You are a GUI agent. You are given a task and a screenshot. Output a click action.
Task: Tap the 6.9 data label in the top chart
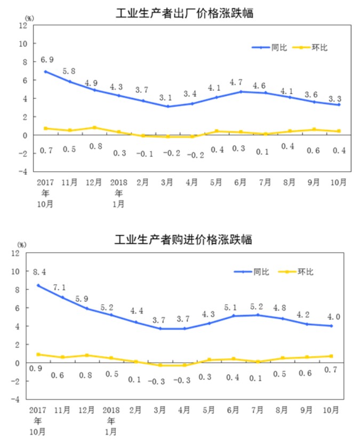[x=46, y=60]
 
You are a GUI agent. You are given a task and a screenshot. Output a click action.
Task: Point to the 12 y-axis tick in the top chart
[x=23, y=25]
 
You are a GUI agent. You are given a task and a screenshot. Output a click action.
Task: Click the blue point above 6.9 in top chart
[x=46, y=71]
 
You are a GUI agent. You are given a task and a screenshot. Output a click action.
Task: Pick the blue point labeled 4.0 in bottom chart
[x=331, y=326]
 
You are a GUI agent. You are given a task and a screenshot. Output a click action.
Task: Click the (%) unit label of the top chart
[x=29, y=18]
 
